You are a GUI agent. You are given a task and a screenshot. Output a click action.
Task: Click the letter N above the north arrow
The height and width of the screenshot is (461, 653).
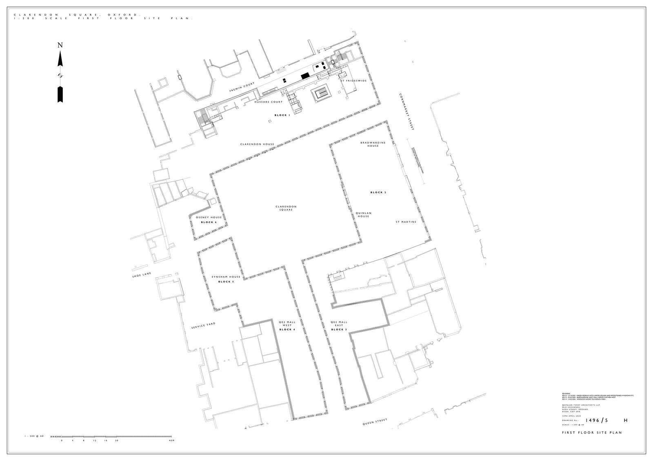tap(60, 45)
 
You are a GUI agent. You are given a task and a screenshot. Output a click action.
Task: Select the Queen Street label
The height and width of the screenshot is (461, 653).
tap(375, 422)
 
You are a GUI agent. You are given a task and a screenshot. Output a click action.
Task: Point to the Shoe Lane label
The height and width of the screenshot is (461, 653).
tap(142, 276)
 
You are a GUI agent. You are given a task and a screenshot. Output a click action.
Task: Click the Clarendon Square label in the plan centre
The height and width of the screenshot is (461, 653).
tap(286, 208)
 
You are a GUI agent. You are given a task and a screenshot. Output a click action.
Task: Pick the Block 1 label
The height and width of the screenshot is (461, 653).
tap(282, 115)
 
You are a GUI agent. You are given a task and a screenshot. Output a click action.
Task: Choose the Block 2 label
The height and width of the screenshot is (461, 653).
tap(378, 192)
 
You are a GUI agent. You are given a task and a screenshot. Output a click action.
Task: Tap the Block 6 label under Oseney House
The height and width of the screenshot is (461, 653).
tap(209, 222)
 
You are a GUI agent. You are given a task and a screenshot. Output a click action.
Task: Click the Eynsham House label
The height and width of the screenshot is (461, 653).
tap(226, 277)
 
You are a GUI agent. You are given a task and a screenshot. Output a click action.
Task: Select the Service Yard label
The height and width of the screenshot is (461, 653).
tap(203, 326)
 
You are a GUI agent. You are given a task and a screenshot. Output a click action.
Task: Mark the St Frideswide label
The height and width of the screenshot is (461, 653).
tap(354, 81)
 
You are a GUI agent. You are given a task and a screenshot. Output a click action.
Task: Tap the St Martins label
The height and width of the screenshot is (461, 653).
tap(406, 222)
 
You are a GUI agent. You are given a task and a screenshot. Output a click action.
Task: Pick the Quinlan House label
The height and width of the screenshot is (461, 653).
tap(363, 214)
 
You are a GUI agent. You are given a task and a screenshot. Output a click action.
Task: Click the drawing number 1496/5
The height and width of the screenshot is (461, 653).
tap(597, 420)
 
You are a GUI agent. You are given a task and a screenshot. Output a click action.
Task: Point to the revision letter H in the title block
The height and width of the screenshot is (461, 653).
tap(626, 420)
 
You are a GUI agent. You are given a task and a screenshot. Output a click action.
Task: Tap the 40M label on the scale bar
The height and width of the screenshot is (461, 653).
tap(171, 441)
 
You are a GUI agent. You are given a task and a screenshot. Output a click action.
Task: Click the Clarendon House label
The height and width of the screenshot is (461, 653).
tap(257, 144)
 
